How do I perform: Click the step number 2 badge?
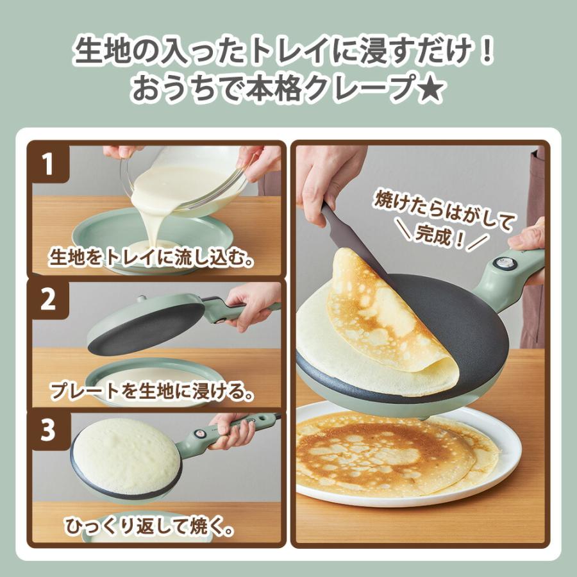49,300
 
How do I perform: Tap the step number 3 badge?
49,430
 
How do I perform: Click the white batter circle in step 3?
125,455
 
